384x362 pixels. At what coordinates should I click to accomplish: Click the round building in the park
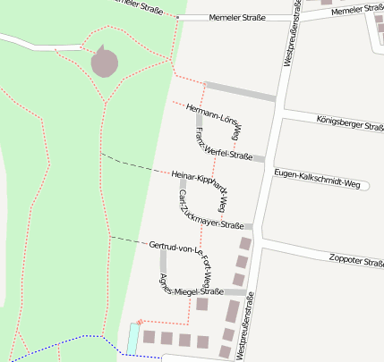[x=104, y=63]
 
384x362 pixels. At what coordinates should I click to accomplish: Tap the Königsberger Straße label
[x=350, y=122]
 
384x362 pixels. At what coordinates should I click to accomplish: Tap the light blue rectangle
[x=132, y=338]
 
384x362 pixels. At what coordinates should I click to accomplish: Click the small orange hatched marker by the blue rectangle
[x=140, y=323]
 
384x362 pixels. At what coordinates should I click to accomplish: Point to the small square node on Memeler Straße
[x=178, y=19]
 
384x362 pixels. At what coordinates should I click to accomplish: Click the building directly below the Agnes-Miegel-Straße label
[x=202, y=305]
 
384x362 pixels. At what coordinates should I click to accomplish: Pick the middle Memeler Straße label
[x=237, y=18]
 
